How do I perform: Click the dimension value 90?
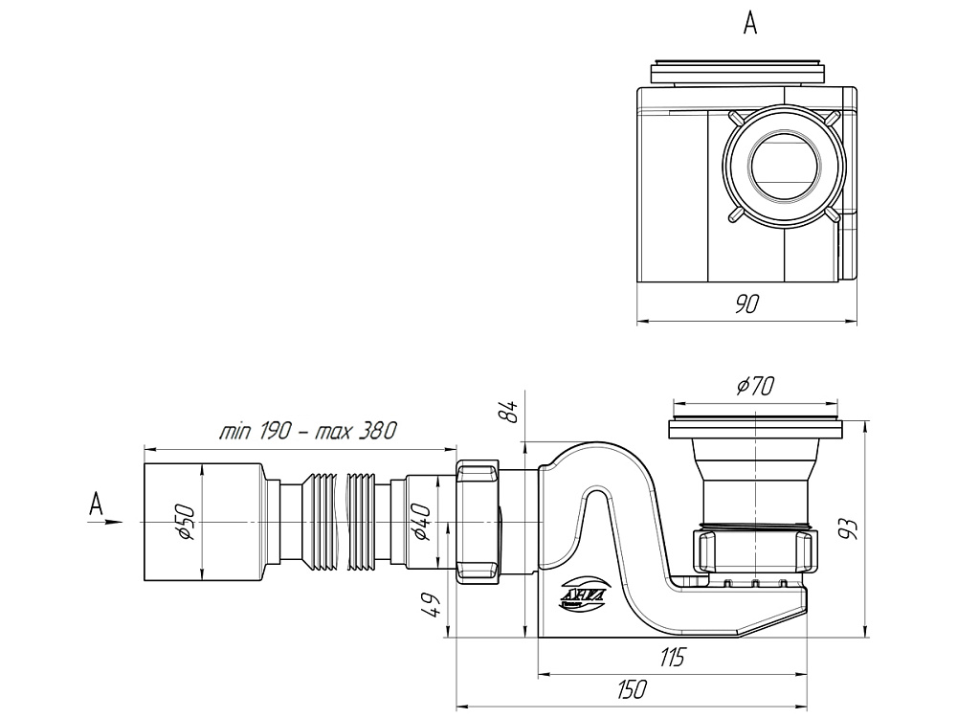click(x=746, y=304)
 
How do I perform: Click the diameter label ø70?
click(x=755, y=386)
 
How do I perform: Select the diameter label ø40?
click(x=422, y=522)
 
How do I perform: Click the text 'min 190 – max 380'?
click(x=306, y=431)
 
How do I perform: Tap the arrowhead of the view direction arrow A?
click(x=117, y=523)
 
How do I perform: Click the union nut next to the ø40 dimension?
click(x=478, y=522)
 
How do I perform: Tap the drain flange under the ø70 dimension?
click(x=757, y=428)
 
